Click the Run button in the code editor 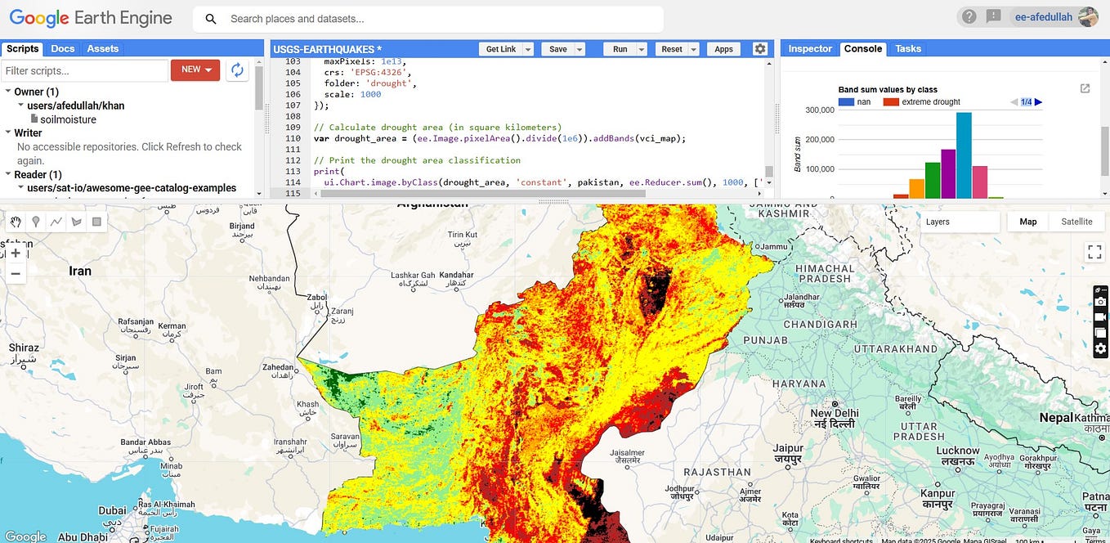[620, 49]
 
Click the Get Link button [500, 49]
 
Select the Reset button [671, 49]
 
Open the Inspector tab [809, 49]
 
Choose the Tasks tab [908, 49]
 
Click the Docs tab [63, 49]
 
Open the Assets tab [103, 49]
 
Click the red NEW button [195, 70]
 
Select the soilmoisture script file [68, 119]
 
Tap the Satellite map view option [1076, 222]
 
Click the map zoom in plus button [15, 254]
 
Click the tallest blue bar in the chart [964, 155]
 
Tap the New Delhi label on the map [835, 414]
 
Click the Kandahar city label [456, 276]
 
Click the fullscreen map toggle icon [1094, 252]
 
